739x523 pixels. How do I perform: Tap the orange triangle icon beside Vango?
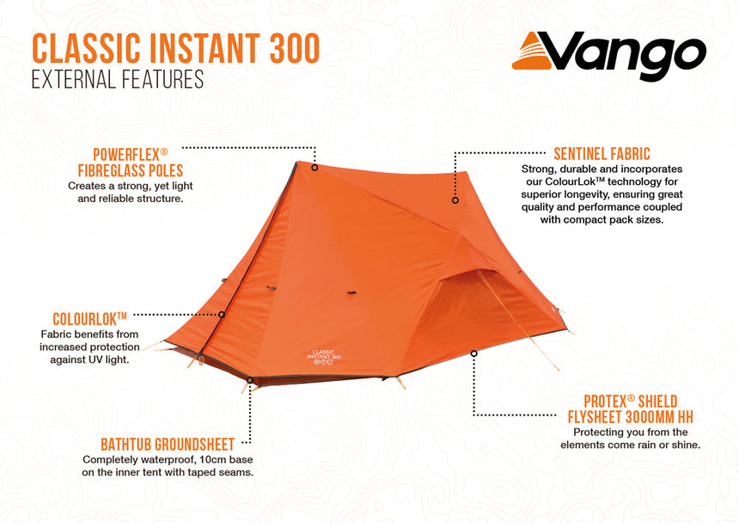click(534, 52)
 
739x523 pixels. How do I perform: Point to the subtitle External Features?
click(117, 80)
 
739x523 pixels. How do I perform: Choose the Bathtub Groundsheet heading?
click(168, 445)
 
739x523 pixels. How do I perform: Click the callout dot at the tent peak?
click(315, 168)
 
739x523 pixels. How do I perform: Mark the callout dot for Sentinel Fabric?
click(455, 200)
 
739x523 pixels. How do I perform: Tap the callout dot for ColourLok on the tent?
click(222, 315)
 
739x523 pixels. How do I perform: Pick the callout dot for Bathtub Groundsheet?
click(250, 379)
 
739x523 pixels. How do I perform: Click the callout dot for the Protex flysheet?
click(473, 353)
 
